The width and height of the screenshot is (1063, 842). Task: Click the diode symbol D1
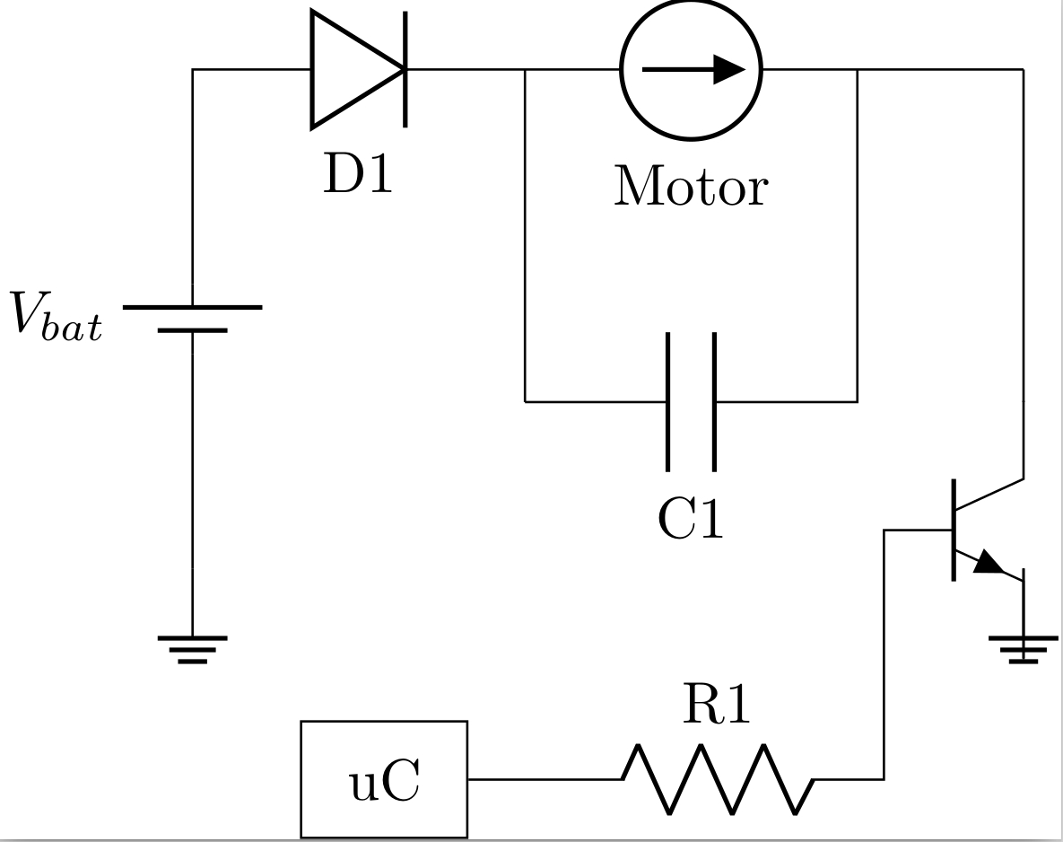357,68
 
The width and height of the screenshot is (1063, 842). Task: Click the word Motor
691,188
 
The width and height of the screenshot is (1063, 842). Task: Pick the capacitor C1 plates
691,401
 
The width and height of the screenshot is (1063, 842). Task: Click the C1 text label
690,519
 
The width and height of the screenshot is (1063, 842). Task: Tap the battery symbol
192,319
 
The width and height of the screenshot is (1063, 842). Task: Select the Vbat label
57,316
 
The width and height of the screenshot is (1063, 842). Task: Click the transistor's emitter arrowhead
989,563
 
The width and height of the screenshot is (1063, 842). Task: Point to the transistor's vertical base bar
954,530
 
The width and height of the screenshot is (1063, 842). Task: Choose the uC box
384,779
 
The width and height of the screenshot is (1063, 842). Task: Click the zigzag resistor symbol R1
718,779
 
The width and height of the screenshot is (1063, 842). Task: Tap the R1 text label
716,705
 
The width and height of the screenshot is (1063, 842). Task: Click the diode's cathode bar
405,68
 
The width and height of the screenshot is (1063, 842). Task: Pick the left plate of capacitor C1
668,401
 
